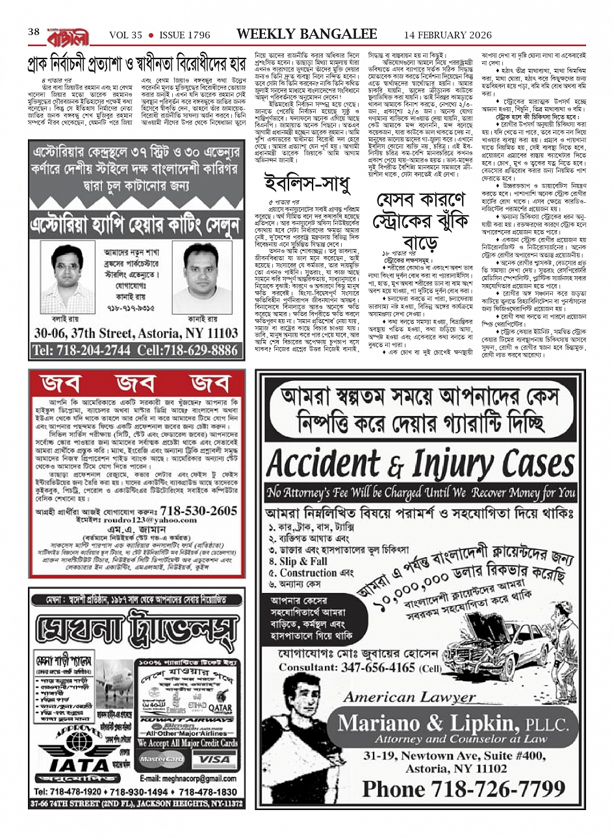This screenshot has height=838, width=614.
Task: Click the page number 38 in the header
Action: [x=34, y=32]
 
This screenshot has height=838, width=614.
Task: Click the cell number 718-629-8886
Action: [x=190, y=350]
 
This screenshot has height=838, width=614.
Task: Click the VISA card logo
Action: [x=215, y=759]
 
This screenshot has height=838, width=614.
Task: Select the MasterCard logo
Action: [x=162, y=759]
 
